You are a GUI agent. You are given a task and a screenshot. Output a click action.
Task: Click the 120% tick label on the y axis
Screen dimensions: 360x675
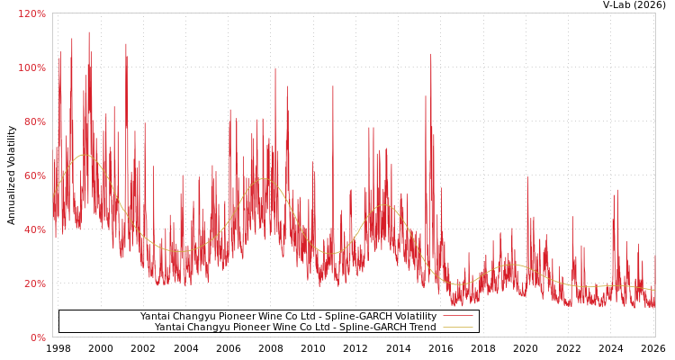[31, 13]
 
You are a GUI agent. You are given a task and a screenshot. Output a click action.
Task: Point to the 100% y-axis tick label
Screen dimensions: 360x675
[31, 67]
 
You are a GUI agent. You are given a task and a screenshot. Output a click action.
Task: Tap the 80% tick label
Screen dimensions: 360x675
[33, 121]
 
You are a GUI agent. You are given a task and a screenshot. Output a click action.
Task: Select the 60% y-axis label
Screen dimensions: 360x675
[33, 175]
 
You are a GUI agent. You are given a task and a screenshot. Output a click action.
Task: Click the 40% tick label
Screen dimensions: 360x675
[33, 229]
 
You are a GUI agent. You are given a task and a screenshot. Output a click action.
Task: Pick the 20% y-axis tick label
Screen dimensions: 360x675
[33, 283]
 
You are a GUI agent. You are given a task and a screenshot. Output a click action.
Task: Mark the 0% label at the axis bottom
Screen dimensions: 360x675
[37, 337]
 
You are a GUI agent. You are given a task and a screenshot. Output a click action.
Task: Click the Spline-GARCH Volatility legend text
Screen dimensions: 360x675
[288, 316]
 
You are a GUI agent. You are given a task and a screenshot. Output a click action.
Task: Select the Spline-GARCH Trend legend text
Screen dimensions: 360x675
[295, 327]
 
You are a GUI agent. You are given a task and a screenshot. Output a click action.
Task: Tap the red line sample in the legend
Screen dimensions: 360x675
[457, 316]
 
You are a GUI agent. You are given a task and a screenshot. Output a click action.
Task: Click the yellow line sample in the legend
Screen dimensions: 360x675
[457, 327]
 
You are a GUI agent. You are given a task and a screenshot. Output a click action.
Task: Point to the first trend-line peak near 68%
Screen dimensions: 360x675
[84, 155]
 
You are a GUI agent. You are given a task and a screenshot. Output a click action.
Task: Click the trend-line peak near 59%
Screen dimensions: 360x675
[264, 178]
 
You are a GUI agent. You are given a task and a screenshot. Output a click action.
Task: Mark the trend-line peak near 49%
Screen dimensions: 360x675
[384, 205]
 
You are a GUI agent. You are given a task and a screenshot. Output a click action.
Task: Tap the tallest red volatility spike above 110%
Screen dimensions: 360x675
[88, 34]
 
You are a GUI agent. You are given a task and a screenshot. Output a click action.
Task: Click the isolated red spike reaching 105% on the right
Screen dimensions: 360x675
[430, 56]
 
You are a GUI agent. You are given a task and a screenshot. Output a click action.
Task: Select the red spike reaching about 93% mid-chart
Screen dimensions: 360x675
[332, 87]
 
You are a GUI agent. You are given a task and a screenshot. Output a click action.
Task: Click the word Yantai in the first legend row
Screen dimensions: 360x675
[155, 316]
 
